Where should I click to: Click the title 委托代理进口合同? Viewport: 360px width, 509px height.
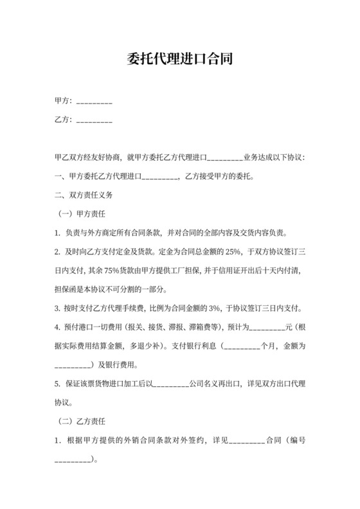180,60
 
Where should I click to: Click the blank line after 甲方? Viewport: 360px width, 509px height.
94,102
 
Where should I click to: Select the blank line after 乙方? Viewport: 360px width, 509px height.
94,120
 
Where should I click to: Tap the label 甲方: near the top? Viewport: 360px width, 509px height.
64,101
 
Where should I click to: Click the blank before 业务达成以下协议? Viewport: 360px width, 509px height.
223,157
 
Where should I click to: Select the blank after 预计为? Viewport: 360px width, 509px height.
265,326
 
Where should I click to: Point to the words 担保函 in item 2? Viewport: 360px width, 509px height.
67,289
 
